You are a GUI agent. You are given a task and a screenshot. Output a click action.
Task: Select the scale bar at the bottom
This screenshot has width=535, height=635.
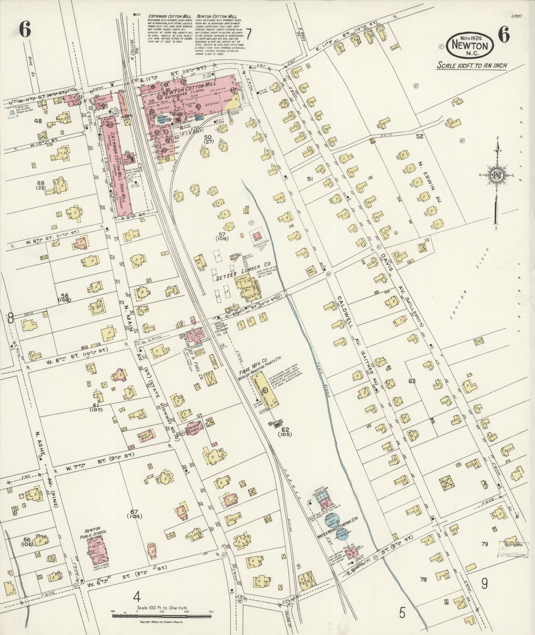161,616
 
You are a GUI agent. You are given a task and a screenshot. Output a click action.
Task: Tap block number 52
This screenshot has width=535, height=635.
419,136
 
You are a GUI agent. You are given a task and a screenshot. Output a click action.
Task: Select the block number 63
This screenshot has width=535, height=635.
412,381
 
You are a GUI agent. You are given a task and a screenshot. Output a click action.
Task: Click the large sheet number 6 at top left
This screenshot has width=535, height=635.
24,29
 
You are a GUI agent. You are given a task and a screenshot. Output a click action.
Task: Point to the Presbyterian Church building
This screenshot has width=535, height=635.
194,428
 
